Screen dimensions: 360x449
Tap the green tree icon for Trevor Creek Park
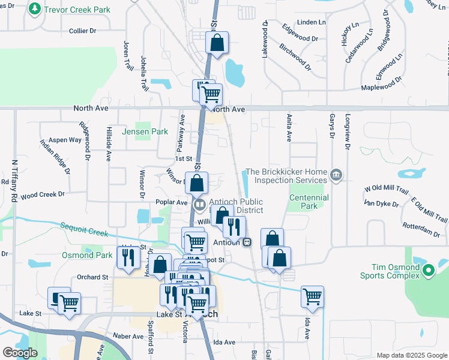click(35, 9)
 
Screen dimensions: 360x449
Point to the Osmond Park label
click(87, 255)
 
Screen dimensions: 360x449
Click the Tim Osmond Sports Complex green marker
click(428, 271)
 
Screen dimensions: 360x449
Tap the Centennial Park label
click(309, 202)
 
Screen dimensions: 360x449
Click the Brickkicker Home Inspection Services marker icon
click(336, 175)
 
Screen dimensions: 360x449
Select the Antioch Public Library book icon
click(199, 204)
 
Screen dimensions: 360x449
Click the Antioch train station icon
click(247, 242)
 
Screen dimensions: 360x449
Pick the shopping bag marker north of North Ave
click(217, 43)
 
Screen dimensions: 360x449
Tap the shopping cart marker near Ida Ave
click(312, 296)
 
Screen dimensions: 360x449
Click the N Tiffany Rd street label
click(14, 180)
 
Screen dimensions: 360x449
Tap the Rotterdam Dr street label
click(427, 229)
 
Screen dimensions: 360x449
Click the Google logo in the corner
click(20, 353)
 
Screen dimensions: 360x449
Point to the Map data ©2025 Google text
click(411, 355)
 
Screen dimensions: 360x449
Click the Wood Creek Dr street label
click(42, 195)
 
